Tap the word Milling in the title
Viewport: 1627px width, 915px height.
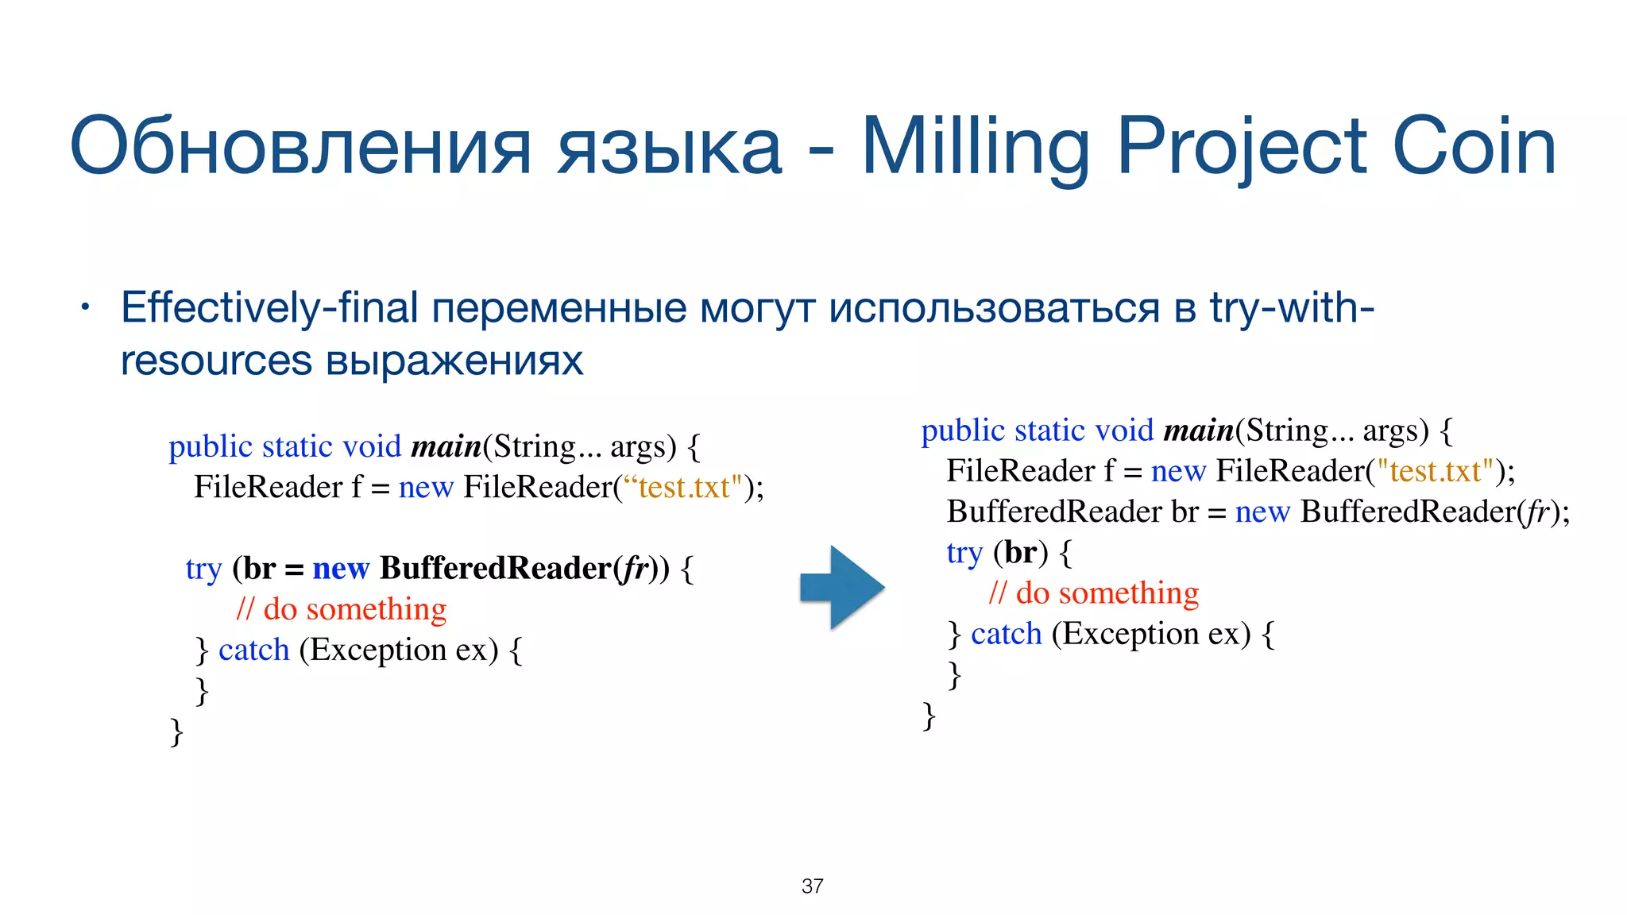point(976,146)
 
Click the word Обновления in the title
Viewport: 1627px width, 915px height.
point(300,146)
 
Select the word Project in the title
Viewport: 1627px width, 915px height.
point(1242,146)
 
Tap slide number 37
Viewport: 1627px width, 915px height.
point(812,886)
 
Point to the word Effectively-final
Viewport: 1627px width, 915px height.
point(269,308)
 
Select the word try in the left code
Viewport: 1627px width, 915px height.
point(203,569)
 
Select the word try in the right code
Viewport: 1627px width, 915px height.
point(964,553)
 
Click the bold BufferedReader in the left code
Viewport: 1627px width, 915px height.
point(496,568)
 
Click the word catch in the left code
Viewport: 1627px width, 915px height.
point(253,650)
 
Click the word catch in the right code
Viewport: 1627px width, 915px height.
point(1006,634)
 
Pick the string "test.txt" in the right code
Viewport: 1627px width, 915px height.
point(1436,471)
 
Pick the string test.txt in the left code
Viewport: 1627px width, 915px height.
point(683,487)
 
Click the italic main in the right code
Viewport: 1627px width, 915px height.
point(1198,430)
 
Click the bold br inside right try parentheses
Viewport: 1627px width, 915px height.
point(1021,552)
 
